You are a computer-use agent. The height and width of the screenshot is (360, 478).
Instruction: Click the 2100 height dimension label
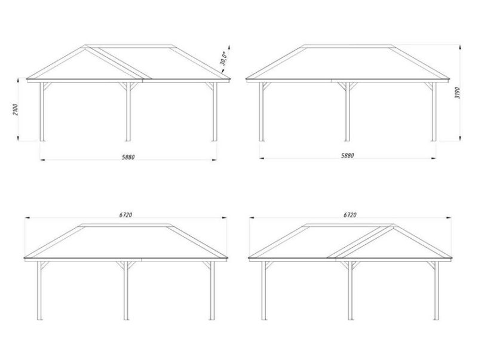point(16,110)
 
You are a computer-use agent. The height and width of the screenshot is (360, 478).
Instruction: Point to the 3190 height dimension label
point(457,93)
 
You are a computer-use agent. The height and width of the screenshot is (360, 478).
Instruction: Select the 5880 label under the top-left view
point(128,157)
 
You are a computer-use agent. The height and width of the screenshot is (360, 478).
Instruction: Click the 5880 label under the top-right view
point(348,156)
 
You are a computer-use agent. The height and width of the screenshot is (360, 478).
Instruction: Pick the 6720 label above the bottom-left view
point(125,215)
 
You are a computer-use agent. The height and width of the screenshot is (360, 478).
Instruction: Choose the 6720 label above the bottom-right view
point(350,215)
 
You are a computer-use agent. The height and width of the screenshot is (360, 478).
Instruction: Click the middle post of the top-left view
point(128,112)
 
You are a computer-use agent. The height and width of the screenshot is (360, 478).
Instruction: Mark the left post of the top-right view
point(262,112)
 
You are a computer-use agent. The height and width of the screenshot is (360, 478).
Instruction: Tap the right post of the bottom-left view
point(212,291)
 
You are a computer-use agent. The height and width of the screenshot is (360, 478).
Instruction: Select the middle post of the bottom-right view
point(351,291)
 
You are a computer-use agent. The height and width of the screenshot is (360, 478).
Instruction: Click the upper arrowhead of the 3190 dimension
point(459,47)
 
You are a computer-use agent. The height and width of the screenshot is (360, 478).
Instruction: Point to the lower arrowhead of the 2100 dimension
point(19,139)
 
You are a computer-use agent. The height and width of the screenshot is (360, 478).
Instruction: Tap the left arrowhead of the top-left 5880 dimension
point(42,159)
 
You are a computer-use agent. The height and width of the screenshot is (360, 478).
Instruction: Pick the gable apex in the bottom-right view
point(393,226)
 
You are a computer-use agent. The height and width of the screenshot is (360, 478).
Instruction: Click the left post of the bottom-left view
point(39,291)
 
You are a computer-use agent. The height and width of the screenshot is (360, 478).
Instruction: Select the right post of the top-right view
point(434,112)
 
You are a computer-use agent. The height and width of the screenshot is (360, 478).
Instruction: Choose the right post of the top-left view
point(215,112)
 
